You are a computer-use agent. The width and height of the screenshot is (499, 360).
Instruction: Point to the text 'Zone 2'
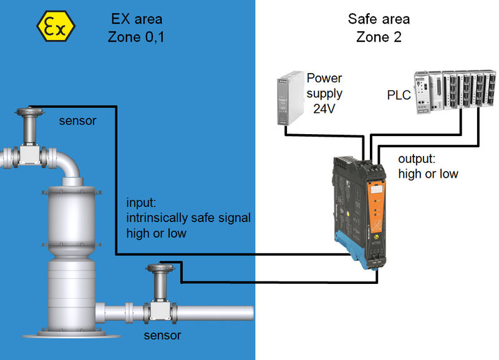(378, 37)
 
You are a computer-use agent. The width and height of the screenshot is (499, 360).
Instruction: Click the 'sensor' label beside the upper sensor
(77, 120)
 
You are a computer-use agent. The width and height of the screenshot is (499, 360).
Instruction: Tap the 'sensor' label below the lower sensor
(162, 336)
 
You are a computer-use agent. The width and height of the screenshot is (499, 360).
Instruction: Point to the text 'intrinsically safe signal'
(188, 218)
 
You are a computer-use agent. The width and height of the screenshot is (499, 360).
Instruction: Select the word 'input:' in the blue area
(143, 203)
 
